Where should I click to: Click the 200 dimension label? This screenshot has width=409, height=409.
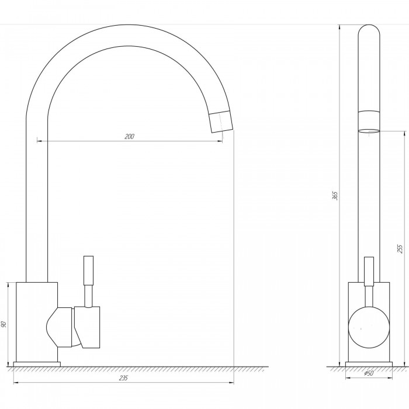tap(129, 136)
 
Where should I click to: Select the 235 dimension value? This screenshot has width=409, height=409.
tap(123, 377)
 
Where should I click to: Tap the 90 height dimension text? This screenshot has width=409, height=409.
tap(4, 324)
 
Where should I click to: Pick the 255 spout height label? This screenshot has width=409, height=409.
tap(400, 248)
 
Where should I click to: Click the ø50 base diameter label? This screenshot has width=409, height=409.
tap(369, 373)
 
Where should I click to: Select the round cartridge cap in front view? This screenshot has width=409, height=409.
tap(369, 327)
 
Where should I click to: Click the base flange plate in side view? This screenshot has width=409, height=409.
tap(369, 364)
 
